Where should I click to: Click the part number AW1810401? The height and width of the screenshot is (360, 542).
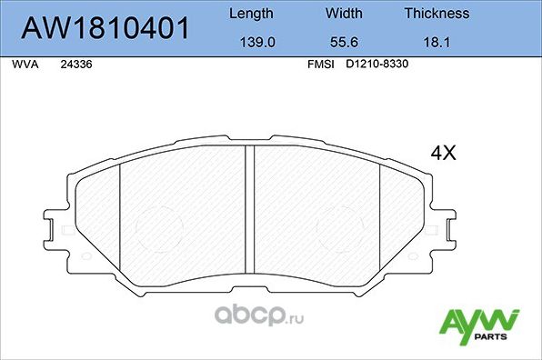coord(105,29)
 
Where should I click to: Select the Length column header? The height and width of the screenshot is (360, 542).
coord(249,14)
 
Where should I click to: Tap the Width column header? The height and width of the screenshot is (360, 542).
coord(343,14)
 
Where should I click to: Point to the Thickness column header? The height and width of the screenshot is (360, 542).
coord(437,14)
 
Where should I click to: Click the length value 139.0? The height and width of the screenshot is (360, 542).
coord(249,42)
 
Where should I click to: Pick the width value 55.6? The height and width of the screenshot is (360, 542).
coord(343,42)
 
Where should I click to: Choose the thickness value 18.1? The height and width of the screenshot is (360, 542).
coord(437,42)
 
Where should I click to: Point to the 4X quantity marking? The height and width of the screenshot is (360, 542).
coord(442,154)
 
